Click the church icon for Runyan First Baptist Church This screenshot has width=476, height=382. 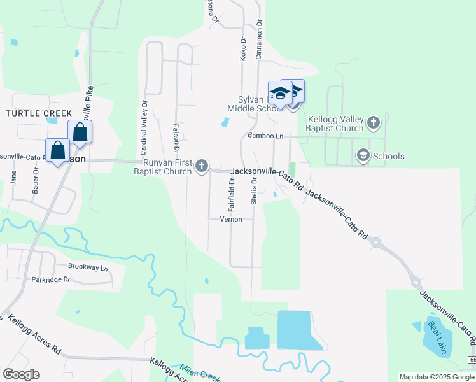[x=202, y=166]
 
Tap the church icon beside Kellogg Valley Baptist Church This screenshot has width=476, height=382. [x=374, y=121]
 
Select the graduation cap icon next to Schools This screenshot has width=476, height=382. [x=363, y=155]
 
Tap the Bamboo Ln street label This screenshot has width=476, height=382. [x=265, y=136]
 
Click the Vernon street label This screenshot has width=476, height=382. [x=231, y=219]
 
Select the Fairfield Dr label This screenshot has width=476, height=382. [x=232, y=194]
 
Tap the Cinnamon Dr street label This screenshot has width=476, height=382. [x=259, y=39]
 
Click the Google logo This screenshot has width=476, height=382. [x=21, y=374]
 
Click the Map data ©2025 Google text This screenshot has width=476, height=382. [x=436, y=377]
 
